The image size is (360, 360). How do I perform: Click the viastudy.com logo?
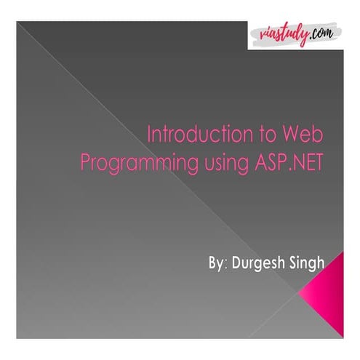click(x=299, y=33)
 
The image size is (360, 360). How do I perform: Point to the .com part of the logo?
click(x=326, y=32)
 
